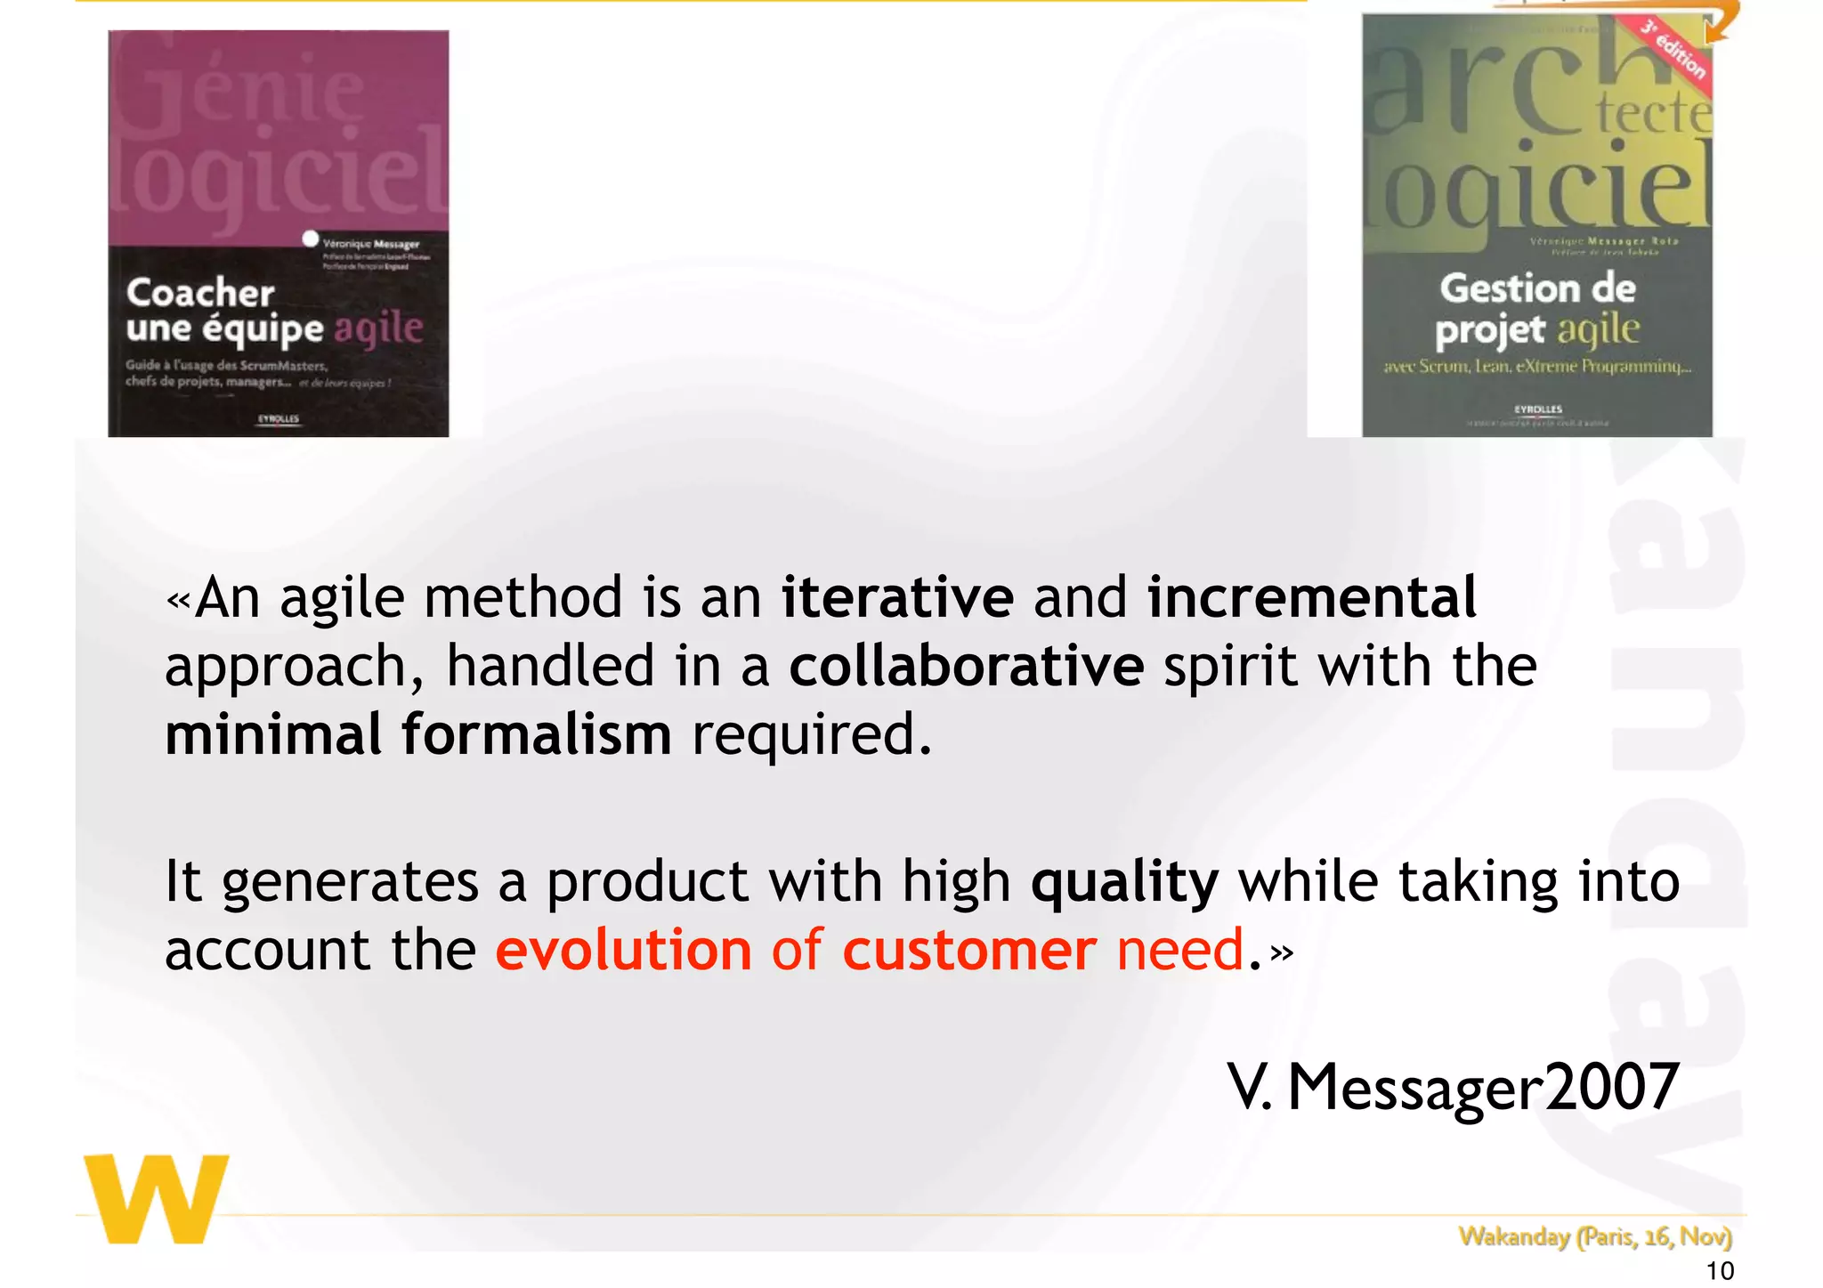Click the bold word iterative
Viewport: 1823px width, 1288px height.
pyautogui.click(x=897, y=598)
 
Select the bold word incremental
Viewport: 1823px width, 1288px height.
pyautogui.click(x=1311, y=598)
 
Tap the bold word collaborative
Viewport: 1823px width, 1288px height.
pyautogui.click(x=966, y=667)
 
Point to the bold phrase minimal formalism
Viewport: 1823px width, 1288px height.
pyautogui.click(x=418, y=735)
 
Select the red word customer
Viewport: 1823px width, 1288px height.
pyautogui.click(x=969, y=951)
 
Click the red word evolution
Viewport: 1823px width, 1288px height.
pyautogui.click(x=623, y=951)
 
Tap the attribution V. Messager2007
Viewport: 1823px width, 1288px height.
pyautogui.click(x=1453, y=1088)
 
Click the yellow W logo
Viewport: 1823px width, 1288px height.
pyautogui.click(x=157, y=1199)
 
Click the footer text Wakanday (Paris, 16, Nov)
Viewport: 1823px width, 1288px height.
pyautogui.click(x=1594, y=1236)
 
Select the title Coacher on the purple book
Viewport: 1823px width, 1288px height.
pyautogui.click(x=200, y=293)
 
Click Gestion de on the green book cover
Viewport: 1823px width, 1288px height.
pyautogui.click(x=1537, y=288)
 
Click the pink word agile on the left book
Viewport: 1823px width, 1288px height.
pyautogui.click(x=378, y=329)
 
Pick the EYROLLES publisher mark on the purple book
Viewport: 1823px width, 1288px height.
pyautogui.click(x=279, y=418)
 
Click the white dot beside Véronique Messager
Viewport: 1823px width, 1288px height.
pyautogui.click(x=310, y=239)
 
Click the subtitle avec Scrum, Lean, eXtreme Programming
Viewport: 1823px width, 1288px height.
pyautogui.click(x=1536, y=366)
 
